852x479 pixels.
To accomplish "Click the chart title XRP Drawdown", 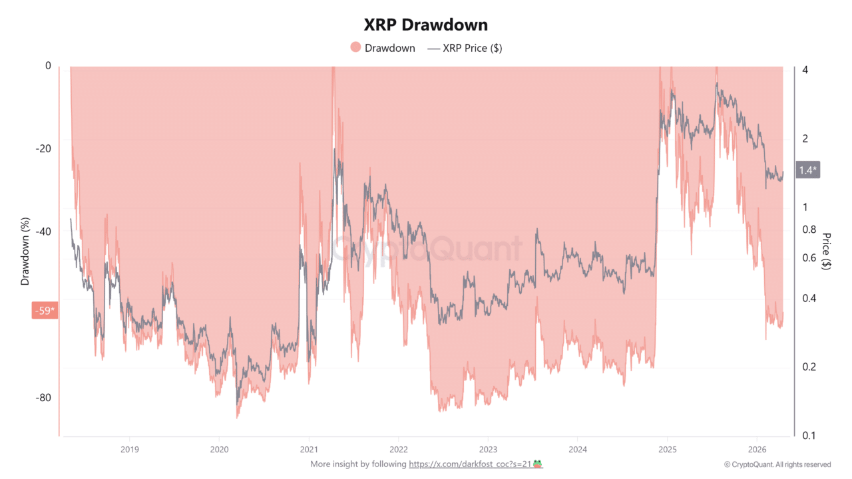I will point(425,25).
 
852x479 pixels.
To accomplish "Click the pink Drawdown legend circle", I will point(355,48).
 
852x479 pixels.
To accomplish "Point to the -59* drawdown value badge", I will point(44,310).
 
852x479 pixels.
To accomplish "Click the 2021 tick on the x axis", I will point(308,448).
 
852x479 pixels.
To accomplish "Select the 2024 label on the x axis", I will point(578,448).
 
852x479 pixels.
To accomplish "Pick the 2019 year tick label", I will point(129,448).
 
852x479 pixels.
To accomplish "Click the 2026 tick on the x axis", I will point(757,448).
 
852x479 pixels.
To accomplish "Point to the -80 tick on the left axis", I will point(43,398).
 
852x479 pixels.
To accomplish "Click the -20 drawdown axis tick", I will point(43,149).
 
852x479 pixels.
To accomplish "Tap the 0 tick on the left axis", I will point(47,66).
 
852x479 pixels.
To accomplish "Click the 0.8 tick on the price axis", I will point(808,230).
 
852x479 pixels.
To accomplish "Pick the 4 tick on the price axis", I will point(805,70).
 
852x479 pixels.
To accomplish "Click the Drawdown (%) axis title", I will point(25,251).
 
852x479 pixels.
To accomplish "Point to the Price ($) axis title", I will point(826,251).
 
